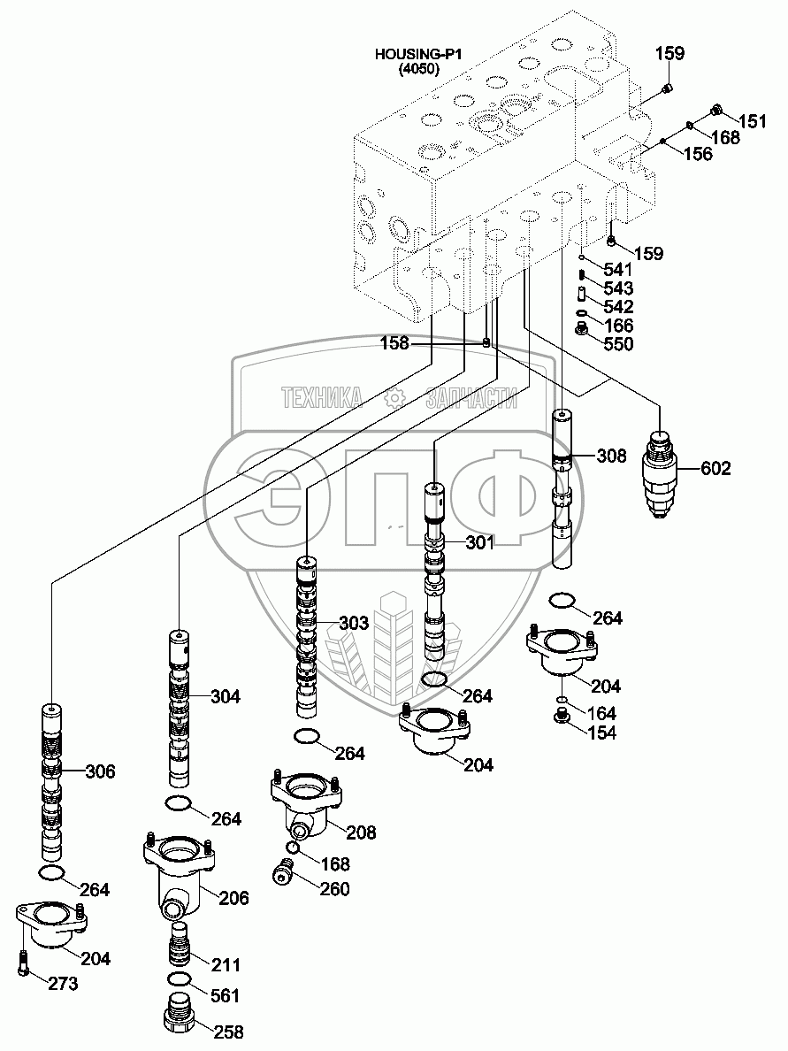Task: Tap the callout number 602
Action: coord(715,469)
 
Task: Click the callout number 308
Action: coord(611,456)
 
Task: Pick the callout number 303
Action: coord(353,624)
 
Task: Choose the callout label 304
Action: coord(226,696)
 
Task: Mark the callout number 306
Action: coord(100,771)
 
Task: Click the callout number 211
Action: coord(225,964)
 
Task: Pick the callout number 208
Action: coord(360,832)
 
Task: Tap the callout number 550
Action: coord(617,344)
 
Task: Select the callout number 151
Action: coord(753,122)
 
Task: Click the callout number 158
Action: coord(395,343)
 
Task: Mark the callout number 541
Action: coord(617,268)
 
